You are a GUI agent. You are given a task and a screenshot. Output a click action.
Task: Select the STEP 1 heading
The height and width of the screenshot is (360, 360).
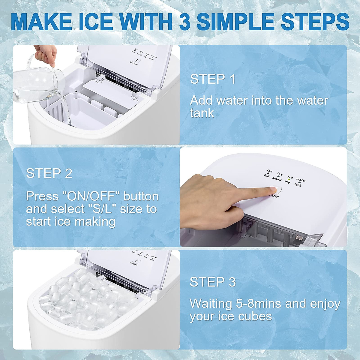click(213, 79)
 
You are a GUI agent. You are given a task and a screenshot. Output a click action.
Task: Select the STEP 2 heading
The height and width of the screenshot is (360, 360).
click(49, 173)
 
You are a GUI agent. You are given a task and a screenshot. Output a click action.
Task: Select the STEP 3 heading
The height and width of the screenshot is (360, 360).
click(213, 282)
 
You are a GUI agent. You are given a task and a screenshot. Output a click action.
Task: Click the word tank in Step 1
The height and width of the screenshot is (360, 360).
click(202, 113)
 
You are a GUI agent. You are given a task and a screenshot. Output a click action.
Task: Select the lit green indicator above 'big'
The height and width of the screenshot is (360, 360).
click(289, 179)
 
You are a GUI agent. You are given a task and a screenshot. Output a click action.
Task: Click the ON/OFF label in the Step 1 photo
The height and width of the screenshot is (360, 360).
click(133, 63)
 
